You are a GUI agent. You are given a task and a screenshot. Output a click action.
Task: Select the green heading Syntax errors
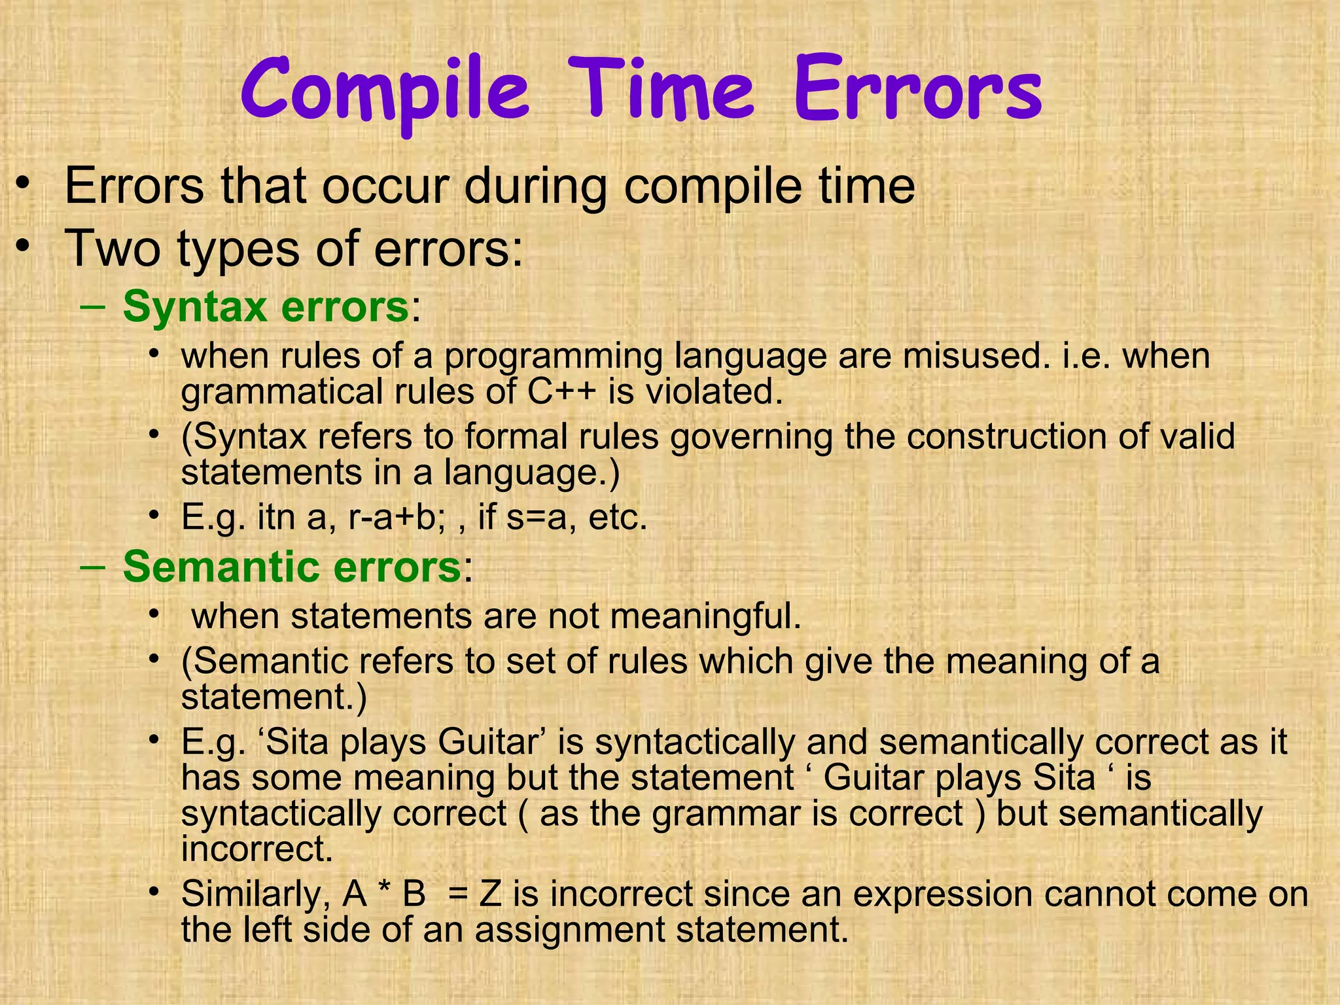(266, 306)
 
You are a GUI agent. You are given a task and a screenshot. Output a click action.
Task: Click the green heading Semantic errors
(292, 566)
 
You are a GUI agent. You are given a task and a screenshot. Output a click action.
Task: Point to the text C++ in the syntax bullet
(561, 392)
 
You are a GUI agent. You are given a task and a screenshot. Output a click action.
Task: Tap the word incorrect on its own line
(257, 849)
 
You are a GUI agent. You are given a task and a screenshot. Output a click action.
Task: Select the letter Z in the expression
(490, 894)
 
